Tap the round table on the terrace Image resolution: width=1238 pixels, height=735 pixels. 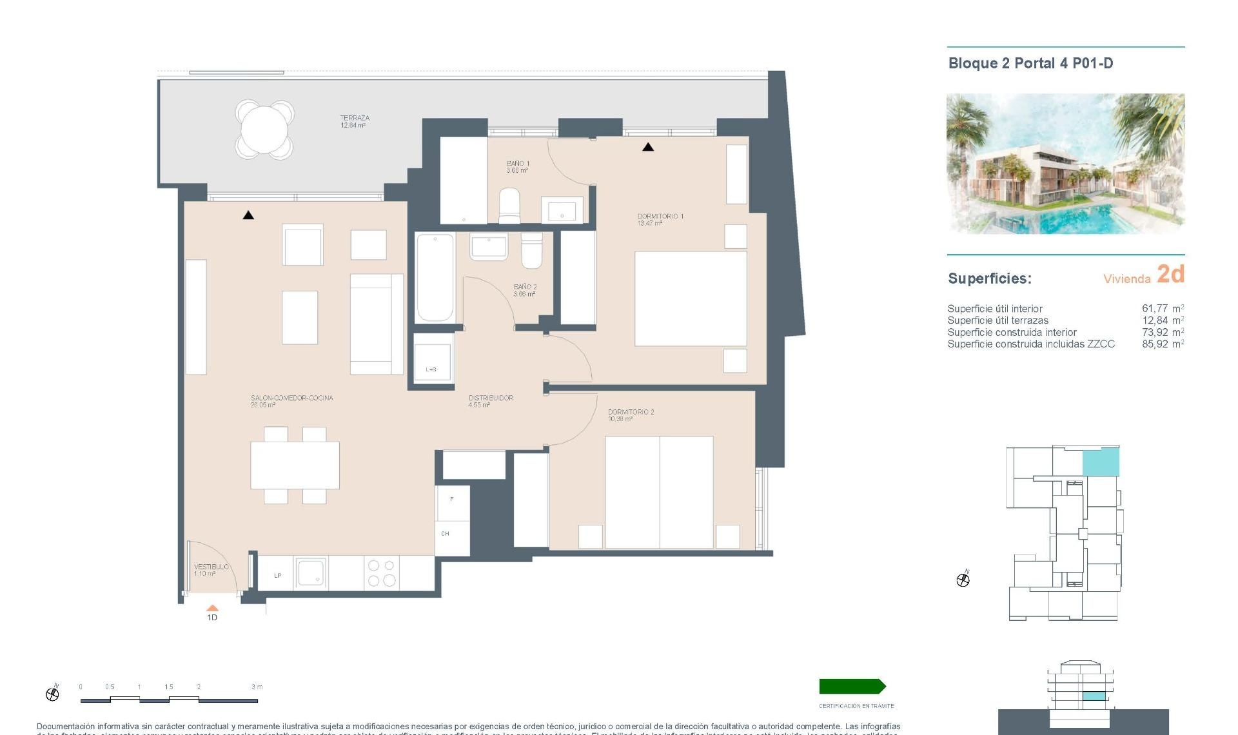264,129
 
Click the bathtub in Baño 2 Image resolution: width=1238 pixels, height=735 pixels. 435,278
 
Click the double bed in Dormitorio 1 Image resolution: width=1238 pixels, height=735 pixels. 691,299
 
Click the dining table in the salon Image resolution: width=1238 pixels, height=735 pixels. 295,465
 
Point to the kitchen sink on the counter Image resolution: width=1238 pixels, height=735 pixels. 311,573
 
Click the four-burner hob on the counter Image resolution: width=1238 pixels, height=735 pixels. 381,573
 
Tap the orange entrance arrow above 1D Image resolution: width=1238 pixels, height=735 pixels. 212,608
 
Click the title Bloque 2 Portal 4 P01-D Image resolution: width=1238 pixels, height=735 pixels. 1030,63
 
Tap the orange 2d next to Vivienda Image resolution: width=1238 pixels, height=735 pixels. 1170,275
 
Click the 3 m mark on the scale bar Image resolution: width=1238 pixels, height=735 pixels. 257,687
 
